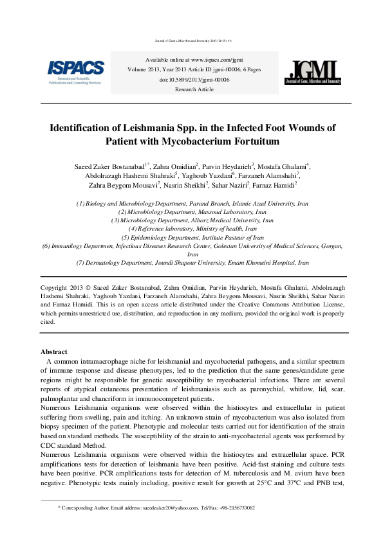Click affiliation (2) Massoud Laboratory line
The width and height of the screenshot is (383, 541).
pos(192,211)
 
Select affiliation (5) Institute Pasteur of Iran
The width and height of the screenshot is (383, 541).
pos(192,237)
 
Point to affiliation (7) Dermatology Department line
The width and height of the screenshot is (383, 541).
pos(192,263)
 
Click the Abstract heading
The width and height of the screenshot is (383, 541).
pos(53,352)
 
